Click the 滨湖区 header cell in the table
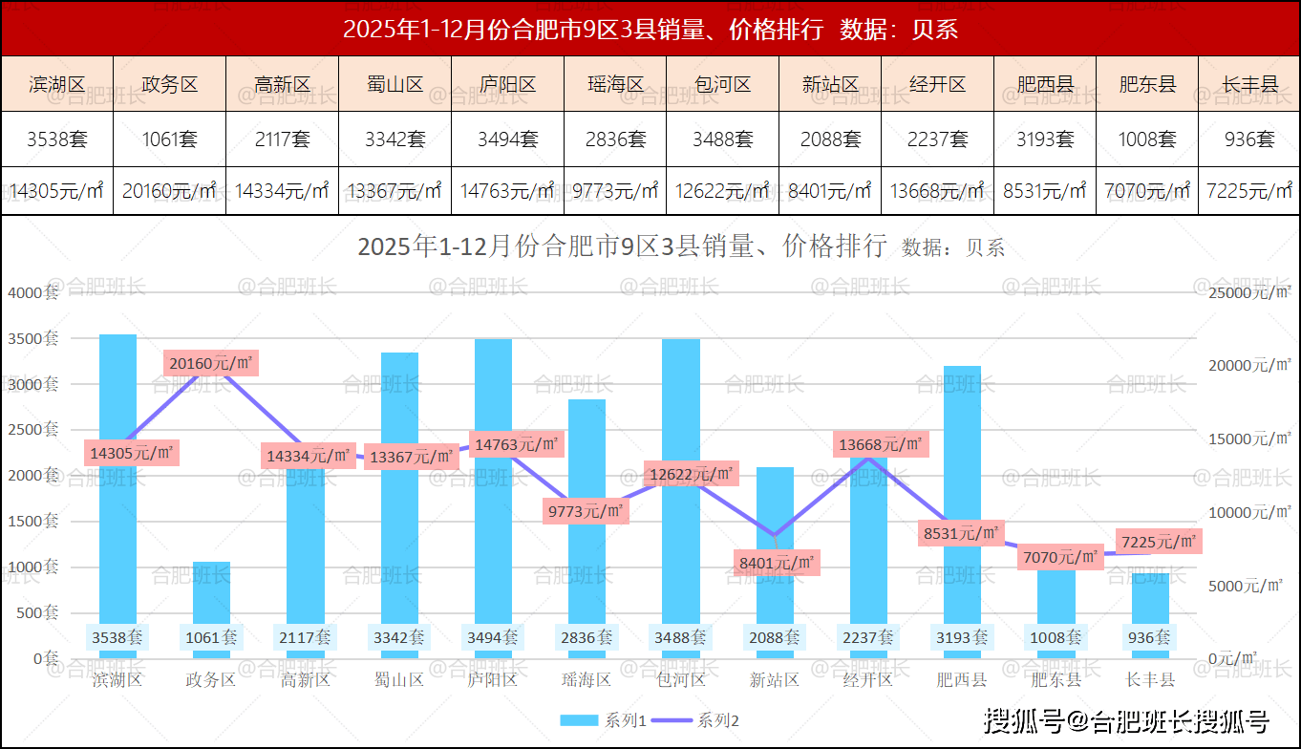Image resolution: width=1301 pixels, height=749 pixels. pos(57,84)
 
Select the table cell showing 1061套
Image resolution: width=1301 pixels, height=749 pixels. pos(170,139)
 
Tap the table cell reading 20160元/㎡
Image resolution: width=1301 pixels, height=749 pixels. pos(170,191)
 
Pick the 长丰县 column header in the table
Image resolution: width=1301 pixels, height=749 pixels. pos(1249,84)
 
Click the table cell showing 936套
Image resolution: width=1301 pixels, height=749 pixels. pos(1249,139)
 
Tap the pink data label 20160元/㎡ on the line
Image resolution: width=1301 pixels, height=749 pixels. pos(211,363)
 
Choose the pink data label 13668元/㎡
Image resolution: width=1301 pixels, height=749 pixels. pos(881,444)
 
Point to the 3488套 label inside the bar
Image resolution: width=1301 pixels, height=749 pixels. pos(681,637)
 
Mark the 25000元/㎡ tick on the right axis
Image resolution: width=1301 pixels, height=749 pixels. pos(1246,292)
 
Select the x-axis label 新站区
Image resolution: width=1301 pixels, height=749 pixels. pos(774,680)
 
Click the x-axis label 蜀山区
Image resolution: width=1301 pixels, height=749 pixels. pos(399,680)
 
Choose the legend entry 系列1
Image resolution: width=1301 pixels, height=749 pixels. pos(603,720)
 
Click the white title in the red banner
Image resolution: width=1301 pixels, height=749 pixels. pos(650,30)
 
